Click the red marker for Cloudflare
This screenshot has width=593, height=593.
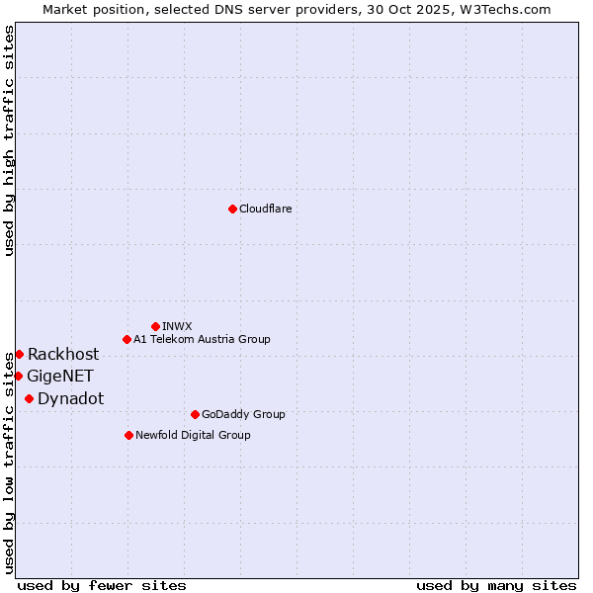[x=232, y=209]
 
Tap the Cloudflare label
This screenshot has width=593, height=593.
[x=265, y=209]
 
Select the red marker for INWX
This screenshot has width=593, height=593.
[x=155, y=326]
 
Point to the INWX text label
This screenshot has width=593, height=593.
[x=177, y=326]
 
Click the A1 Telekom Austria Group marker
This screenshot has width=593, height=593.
[x=127, y=339]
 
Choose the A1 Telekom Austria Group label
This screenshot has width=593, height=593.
[x=202, y=339]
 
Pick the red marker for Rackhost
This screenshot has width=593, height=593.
[x=19, y=354]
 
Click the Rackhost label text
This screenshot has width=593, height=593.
[x=63, y=354]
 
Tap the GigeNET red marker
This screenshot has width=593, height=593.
[x=18, y=376]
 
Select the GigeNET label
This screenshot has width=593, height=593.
[x=60, y=376]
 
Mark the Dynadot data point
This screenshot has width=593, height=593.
[x=29, y=398]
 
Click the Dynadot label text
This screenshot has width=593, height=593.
[x=70, y=398]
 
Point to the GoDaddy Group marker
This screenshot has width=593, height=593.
[x=195, y=414]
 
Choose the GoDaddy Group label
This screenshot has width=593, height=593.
[x=243, y=414]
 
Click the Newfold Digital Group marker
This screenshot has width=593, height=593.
[x=128, y=435]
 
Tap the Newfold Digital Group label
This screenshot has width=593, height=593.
[x=193, y=435]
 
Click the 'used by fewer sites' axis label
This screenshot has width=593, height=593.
[x=102, y=585]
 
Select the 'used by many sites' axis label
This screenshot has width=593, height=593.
[x=496, y=585]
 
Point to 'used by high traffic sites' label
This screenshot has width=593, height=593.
[x=9, y=140]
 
